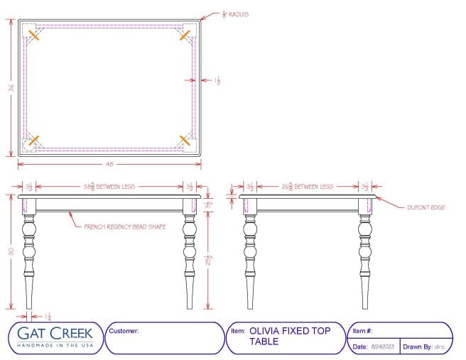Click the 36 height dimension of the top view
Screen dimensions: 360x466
(11, 87)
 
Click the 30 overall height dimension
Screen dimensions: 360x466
(11, 251)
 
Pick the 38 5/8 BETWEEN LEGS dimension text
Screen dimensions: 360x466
(110, 187)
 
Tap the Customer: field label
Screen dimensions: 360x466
(124, 331)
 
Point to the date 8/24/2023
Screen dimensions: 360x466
(384, 347)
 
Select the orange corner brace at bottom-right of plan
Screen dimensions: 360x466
(185, 139)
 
